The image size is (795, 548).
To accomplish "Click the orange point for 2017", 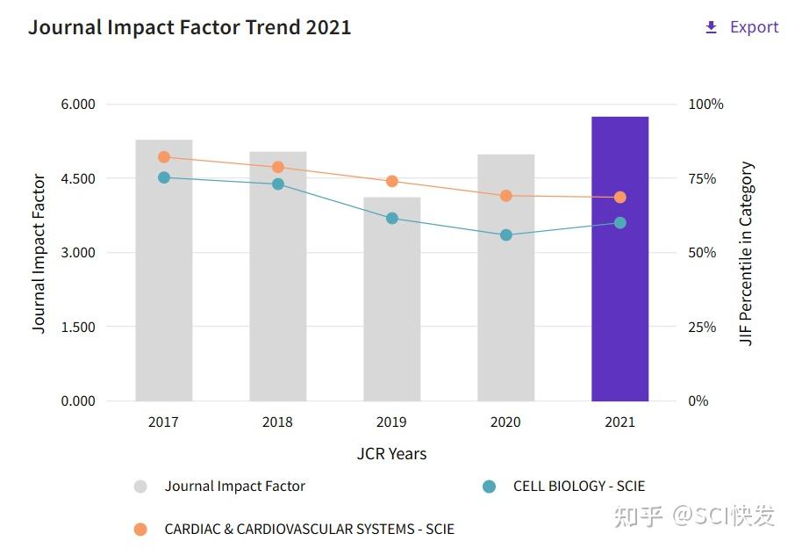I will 164,157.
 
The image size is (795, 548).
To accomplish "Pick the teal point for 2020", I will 506,235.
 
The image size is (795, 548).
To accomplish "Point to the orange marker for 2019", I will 392,182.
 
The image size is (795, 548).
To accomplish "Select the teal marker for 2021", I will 620,223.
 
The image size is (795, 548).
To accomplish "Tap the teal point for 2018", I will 278,184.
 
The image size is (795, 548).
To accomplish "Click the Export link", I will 742,27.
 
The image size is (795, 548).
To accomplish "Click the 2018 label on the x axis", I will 277,422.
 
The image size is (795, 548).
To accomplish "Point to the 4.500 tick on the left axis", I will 77,178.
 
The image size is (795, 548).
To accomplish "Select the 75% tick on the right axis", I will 702,178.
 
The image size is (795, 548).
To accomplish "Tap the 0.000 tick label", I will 77,401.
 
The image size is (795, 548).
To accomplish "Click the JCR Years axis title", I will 391,454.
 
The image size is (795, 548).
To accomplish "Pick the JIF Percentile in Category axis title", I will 747,254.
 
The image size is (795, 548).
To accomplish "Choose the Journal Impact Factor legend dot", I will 140,487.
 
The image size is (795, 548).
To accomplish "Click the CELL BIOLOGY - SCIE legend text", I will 578,486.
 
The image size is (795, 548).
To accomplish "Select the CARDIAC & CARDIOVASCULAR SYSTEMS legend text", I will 309,530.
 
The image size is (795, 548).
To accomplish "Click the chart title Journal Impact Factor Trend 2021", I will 190,27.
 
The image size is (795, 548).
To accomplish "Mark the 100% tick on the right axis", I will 705,105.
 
